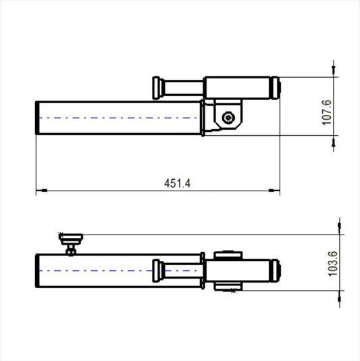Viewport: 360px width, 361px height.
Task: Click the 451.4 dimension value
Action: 178,183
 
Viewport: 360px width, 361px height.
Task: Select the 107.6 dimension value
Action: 326,112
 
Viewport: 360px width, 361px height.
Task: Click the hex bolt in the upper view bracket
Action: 230,118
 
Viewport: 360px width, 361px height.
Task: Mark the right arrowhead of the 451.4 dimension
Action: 274,191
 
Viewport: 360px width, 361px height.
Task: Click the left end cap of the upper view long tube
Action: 38,118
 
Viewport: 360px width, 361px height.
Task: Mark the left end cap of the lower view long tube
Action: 38,271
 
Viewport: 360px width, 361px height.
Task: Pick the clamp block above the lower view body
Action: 228,255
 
